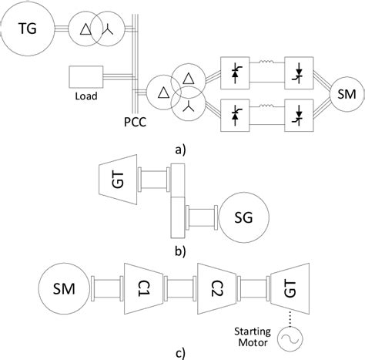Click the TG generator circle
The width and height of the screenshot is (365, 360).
28,29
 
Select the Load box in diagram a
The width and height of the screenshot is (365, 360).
85,77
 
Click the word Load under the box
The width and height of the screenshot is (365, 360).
85,98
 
